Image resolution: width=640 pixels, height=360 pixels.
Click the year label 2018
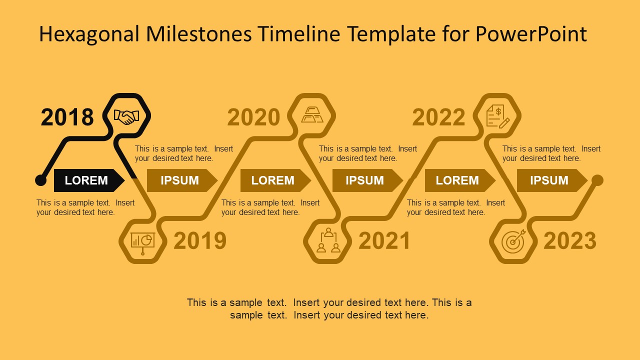coord(67,117)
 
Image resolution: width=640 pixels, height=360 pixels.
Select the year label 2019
coord(200,241)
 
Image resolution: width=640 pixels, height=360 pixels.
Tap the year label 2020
coord(253,117)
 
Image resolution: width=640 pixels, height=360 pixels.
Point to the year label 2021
coord(384,241)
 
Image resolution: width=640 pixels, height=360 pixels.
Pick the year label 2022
coord(438,117)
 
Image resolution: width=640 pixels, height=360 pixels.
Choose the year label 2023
coord(570,241)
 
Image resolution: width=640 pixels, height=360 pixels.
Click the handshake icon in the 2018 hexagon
coord(126,117)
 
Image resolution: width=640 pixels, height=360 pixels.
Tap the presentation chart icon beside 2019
coord(142,241)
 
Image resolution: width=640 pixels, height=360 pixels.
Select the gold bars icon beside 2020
coord(312,115)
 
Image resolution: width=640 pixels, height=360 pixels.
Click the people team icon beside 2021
coord(328,240)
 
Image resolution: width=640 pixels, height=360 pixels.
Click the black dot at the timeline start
coord(41,180)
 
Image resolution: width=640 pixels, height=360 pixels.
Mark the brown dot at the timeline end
coord(597,180)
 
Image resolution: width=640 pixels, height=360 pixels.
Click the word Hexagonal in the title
coord(89,34)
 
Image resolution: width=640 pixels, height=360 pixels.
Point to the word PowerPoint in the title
coord(531,34)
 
